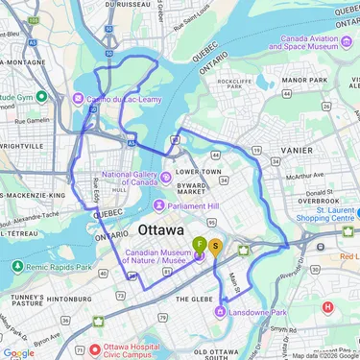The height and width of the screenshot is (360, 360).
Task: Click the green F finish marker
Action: [x=200, y=244]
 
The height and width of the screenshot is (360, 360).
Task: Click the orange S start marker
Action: [x=216, y=245]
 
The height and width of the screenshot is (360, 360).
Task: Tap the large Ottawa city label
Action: [x=161, y=231]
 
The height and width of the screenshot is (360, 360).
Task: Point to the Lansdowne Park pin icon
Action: [x=221, y=311]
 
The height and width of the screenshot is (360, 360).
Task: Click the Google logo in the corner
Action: [x=17, y=352]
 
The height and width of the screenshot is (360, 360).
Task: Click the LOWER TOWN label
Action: [x=198, y=171]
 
